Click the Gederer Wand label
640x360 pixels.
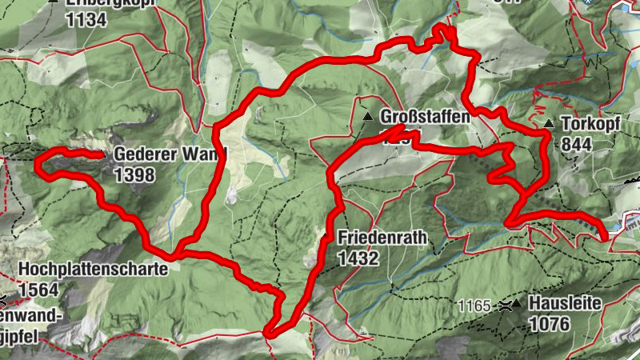pyautogui.click(x=170, y=154)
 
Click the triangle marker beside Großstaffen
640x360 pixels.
pyautogui.click(x=368, y=117)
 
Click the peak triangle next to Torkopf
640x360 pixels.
pyautogui.click(x=550, y=125)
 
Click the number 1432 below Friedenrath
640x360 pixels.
pyautogui.click(x=358, y=258)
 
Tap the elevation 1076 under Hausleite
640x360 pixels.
pyautogui.click(x=548, y=324)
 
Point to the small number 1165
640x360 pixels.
pyautogui.click(x=474, y=306)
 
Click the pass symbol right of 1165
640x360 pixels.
pyautogui.click(x=504, y=306)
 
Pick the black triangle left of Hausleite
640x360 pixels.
pyautogui.click(x=518, y=305)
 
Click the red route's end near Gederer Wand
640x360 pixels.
pyautogui.click(x=101, y=154)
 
